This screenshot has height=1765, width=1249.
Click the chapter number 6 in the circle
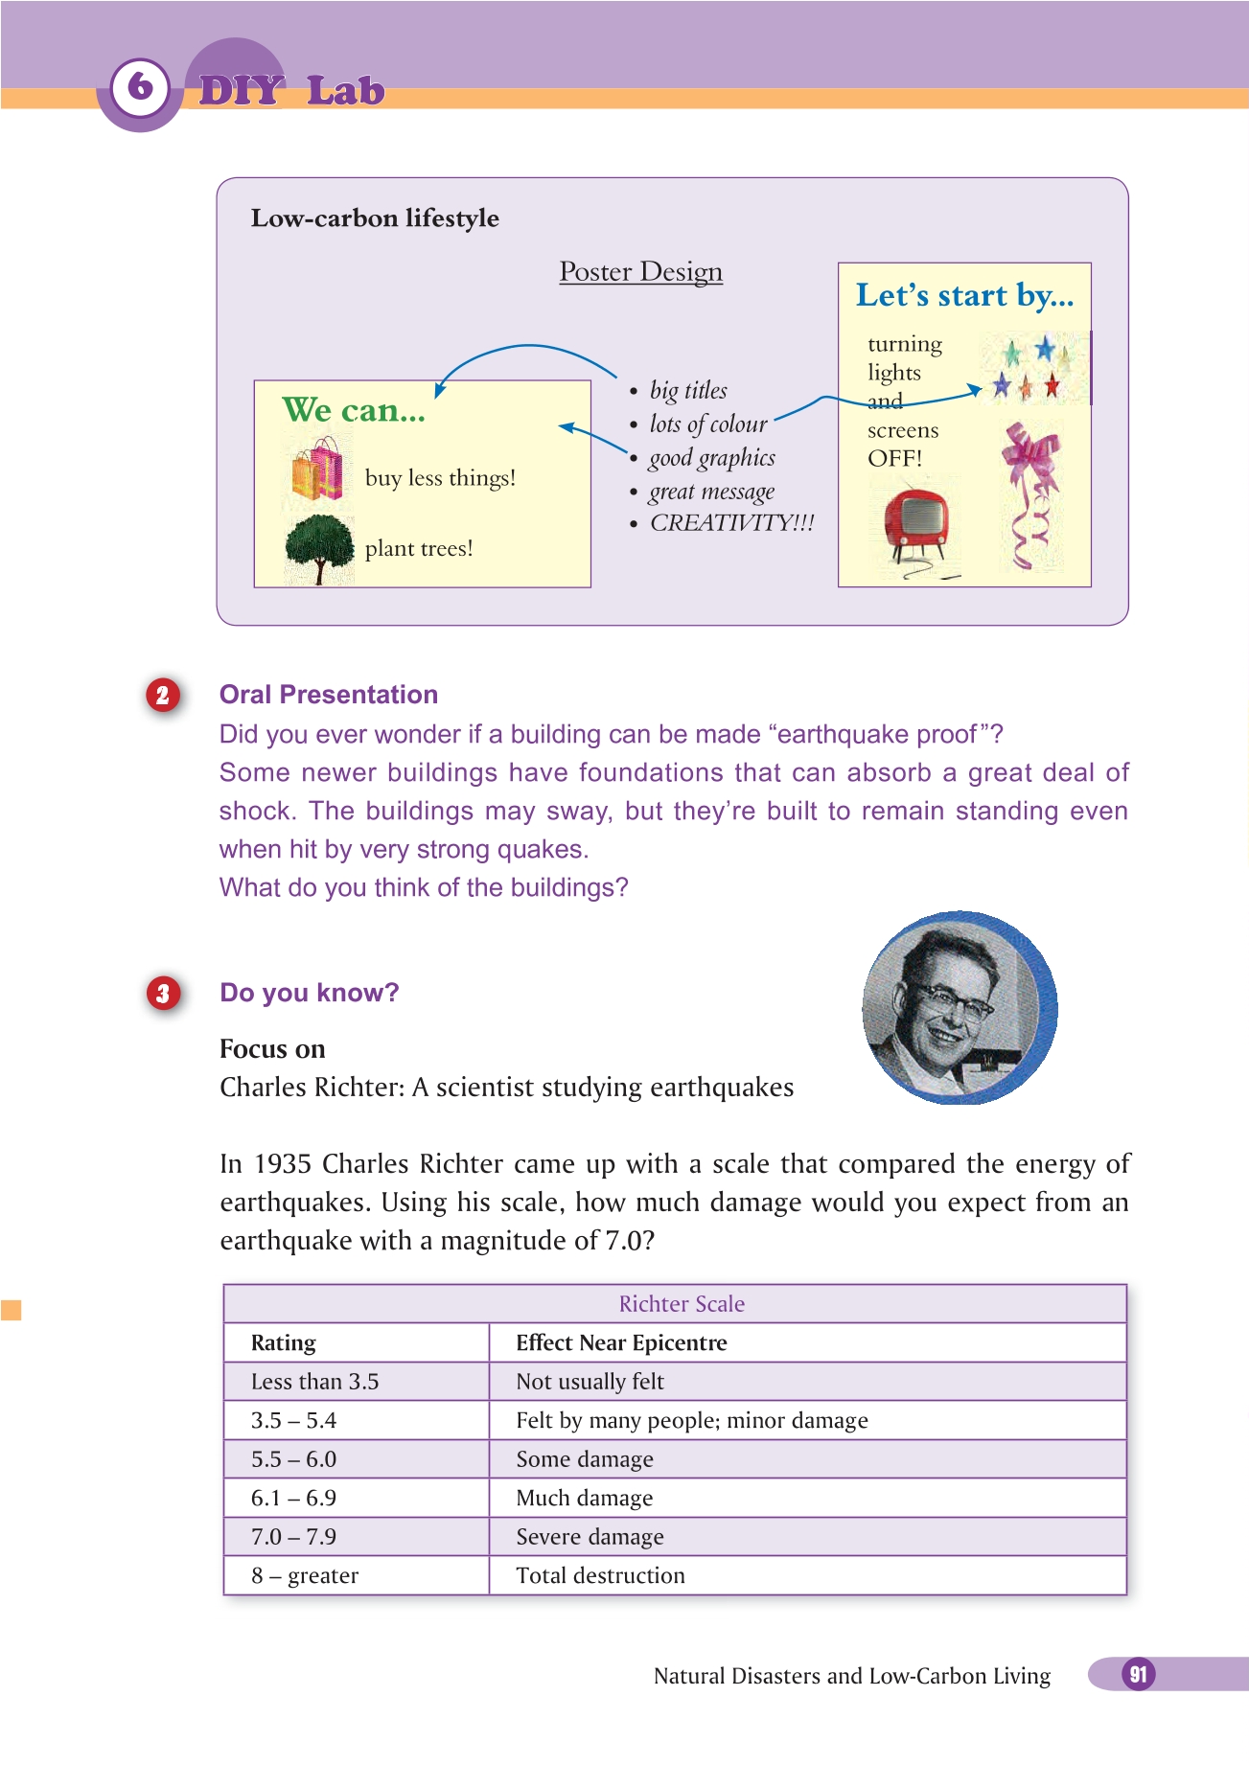pos(140,87)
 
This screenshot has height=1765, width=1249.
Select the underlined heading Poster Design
pos(640,272)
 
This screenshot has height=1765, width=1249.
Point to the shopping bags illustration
pos(317,470)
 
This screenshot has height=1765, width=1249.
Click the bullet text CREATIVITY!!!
pos(731,523)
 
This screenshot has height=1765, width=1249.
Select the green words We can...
pos(353,410)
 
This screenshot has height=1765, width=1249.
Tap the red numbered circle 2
pos(163,695)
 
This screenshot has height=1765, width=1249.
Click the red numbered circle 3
pos(163,993)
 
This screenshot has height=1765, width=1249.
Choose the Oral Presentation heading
pos(329,695)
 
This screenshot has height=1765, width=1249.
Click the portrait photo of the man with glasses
pos(959,1007)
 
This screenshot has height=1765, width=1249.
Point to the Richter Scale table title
pos(682,1304)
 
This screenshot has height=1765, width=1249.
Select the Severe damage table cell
pos(590,1537)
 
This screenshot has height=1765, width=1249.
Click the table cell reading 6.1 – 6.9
pos(293,1498)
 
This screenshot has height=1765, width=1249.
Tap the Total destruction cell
pos(600,1576)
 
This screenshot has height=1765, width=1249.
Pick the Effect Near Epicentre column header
pos(621,1343)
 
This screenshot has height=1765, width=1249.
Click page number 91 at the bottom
pos(1138,1674)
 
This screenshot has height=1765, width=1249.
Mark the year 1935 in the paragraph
pos(283,1164)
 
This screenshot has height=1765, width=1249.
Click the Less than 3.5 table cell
pos(314,1382)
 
